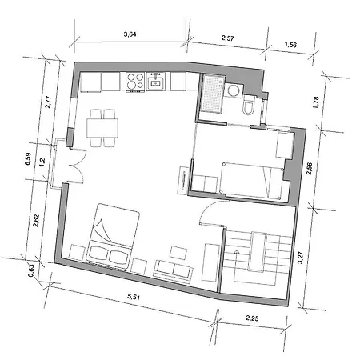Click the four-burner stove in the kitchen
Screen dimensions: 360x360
point(133,80)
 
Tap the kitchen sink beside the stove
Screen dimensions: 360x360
point(155,81)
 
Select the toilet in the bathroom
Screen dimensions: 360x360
point(249,107)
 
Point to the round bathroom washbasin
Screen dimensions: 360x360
point(234,93)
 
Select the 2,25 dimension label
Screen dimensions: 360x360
point(253,320)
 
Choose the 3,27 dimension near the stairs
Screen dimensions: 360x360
point(301,257)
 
